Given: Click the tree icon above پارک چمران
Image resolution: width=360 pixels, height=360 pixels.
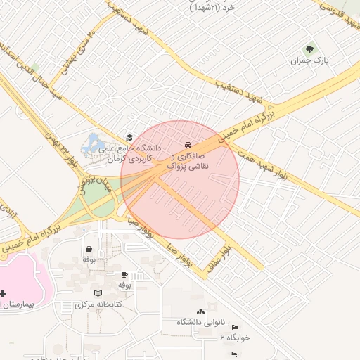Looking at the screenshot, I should click(309, 49).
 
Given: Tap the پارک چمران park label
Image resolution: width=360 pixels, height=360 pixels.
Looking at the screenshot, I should click(310, 60).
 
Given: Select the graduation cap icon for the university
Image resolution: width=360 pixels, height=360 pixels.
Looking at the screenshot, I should click(129, 137).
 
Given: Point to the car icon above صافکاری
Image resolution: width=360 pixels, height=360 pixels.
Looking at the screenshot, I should click(187, 143).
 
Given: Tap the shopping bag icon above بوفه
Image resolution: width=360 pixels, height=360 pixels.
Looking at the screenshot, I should click(89, 249).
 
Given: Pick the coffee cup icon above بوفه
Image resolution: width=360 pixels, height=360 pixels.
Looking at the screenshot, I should click(125, 274).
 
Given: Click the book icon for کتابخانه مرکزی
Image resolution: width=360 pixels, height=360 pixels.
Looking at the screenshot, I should click(98, 292).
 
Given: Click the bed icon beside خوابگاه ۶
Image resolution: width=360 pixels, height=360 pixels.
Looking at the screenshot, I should click(235, 328).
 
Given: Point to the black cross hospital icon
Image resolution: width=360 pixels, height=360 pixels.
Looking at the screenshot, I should click(4, 292).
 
